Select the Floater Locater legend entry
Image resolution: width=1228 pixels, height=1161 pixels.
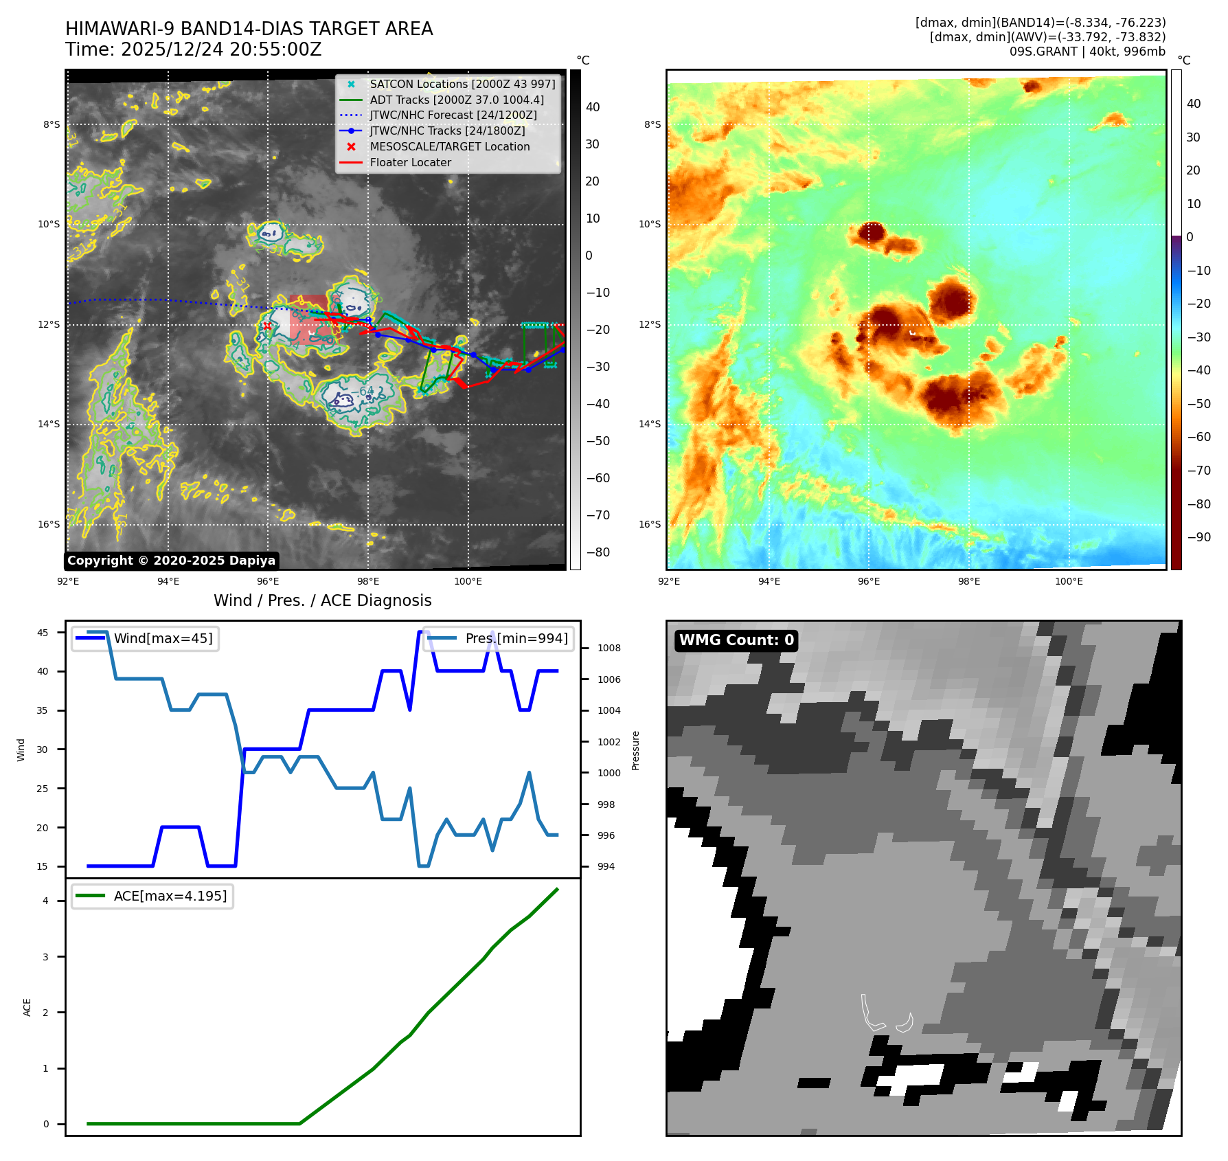(x=410, y=162)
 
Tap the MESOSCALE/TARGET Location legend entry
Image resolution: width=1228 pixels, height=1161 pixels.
(x=449, y=146)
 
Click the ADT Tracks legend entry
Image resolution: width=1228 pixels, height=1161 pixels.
(x=456, y=100)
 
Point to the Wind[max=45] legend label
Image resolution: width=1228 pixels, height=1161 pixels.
(x=163, y=638)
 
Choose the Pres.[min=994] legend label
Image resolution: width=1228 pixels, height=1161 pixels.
(x=516, y=638)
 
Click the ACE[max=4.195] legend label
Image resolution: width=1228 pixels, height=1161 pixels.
(x=170, y=896)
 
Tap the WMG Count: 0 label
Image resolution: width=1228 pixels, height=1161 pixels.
(x=736, y=640)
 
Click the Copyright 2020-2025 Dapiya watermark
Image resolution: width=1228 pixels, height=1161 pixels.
(x=171, y=561)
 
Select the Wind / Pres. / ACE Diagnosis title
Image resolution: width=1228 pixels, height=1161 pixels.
(x=322, y=600)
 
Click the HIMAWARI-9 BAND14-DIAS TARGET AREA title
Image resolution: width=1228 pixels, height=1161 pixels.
(x=249, y=29)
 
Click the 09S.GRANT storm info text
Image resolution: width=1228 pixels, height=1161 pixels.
(x=1087, y=52)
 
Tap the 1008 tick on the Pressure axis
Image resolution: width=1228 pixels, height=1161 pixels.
(x=609, y=648)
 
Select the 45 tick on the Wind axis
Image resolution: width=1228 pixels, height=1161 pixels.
(x=43, y=633)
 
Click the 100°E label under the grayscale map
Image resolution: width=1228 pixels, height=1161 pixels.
(x=468, y=581)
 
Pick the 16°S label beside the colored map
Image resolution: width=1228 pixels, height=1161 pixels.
(x=649, y=524)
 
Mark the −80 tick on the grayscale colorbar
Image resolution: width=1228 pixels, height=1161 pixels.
(x=598, y=552)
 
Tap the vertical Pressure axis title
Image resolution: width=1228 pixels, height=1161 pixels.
(x=635, y=750)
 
